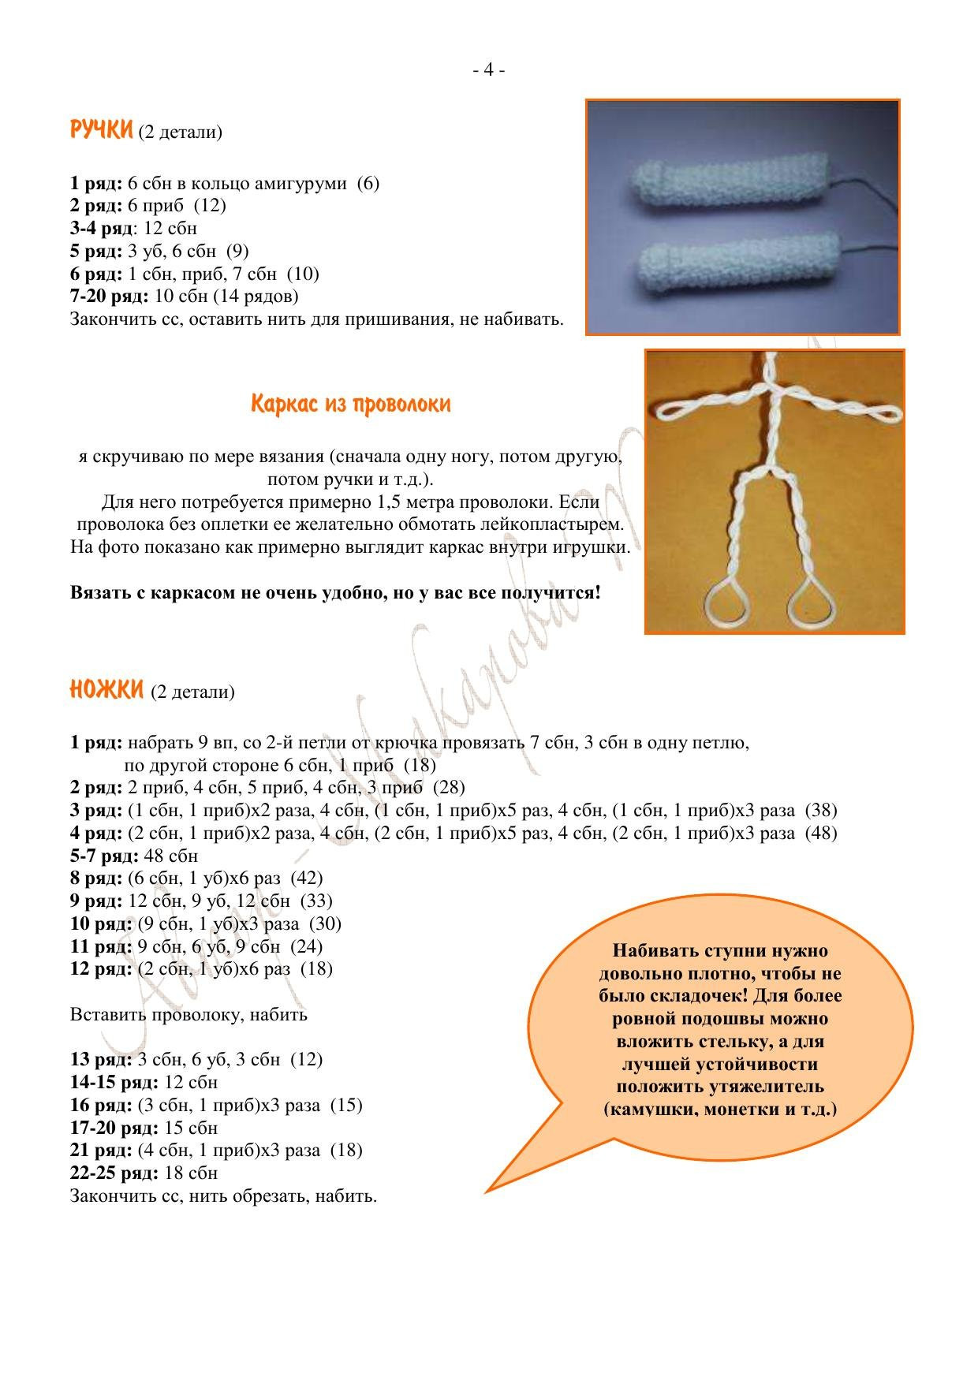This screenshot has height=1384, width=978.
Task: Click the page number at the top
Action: pos(488,70)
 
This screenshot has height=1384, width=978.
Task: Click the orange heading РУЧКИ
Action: pos(101,130)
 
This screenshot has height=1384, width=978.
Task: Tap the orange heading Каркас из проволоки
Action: pos(351,405)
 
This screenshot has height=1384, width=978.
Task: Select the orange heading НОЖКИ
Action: pos(106,691)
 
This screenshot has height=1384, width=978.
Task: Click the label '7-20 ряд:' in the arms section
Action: pos(109,297)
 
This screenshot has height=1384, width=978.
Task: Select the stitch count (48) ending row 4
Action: pos(820,834)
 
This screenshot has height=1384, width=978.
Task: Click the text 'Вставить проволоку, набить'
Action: pos(189,1015)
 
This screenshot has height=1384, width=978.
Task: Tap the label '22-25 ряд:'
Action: pos(114,1173)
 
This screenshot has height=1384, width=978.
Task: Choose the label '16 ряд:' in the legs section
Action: pos(100,1106)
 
